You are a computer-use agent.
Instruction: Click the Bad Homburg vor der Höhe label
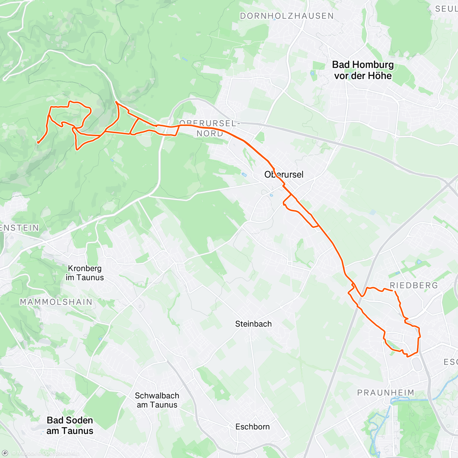click(363, 70)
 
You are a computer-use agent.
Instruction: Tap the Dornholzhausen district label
click(287, 16)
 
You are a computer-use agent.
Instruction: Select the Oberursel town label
click(284, 175)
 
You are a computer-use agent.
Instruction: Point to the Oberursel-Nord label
click(210, 128)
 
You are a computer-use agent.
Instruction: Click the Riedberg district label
click(414, 285)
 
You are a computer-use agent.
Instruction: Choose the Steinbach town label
click(253, 324)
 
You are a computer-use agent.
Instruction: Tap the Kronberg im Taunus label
click(85, 273)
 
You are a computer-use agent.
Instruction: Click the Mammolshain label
click(56, 302)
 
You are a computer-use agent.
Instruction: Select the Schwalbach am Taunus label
click(157, 400)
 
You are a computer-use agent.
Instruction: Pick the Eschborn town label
click(252, 427)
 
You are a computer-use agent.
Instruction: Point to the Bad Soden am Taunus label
click(70, 426)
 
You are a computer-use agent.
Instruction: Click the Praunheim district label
click(385, 393)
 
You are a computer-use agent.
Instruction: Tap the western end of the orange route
click(38, 143)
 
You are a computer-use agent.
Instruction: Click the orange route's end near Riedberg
click(393, 291)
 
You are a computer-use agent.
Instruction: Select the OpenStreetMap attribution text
click(61, 453)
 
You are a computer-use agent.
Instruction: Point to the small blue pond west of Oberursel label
click(244, 175)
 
